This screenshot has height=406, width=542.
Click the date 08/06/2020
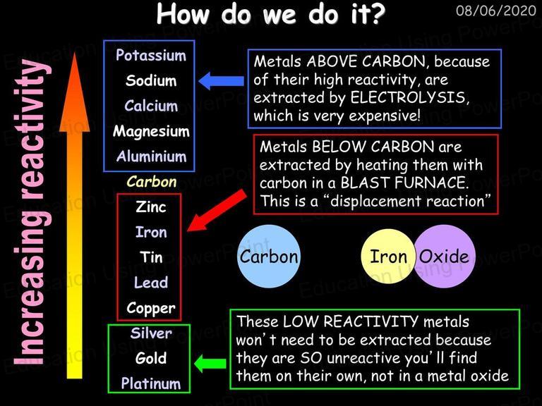click(x=495, y=11)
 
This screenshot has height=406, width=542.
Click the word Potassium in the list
click(x=151, y=55)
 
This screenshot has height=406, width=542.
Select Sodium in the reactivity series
click(x=151, y=80)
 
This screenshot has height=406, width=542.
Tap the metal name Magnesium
click(x=151, y=132)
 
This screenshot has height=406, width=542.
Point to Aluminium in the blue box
click(x=152, y=156)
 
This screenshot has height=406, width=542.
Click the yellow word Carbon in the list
click(x=152, y=182)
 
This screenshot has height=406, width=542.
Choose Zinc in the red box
click(x=151, y=207)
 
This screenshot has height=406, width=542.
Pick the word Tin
click(x=151, y=257)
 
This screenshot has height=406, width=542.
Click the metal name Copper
click(x=151, y=308)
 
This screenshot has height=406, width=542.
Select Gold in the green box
click(x=151, y=358)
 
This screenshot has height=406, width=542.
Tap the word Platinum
click(x=151, y=383)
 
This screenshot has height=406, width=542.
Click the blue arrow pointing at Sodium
click(x=221, y=81)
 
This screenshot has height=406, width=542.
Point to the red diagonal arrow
click(x=217, y=211)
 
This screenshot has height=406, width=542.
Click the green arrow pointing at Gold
click(x=210, y=364)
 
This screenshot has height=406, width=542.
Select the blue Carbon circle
click(x=269, y=257)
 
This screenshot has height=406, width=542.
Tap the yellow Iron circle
click(x=389, y=257)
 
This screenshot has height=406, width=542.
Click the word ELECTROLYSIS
click(x=409, y=98)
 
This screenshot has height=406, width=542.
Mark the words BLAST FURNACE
click(x=404, y=183)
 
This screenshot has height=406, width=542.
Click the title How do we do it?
click(x=271, y=15)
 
